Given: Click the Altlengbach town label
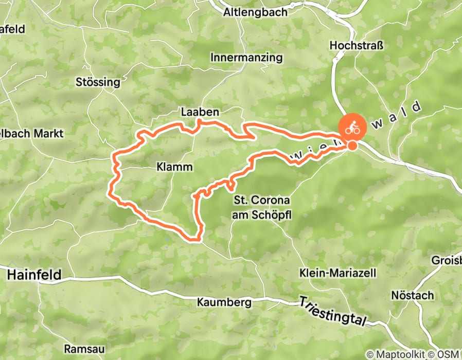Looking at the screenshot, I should [x=255, y=12].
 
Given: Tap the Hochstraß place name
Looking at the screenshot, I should [x=357, y=46].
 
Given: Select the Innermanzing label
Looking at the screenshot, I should [x=246, y=58].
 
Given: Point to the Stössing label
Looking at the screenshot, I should [x=98, y=82].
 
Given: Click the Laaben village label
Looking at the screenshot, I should [x=200, y=112].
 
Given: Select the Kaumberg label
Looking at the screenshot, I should [x=224, y=302].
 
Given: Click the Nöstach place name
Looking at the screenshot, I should [x=412, y=296].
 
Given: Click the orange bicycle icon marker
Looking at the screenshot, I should [x=352, y=128].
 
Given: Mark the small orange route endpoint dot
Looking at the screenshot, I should [x=352, y=146].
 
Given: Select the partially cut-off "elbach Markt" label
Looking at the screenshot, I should [x=32, y=134].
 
